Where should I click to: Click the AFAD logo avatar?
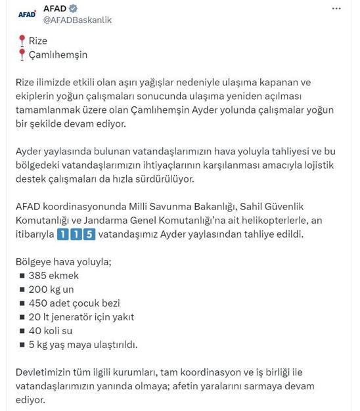coord(26,13)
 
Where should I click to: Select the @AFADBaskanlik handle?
coord(77,20)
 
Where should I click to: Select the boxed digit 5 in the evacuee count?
coord(89,235)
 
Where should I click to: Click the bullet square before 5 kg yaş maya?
coord(22,344)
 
